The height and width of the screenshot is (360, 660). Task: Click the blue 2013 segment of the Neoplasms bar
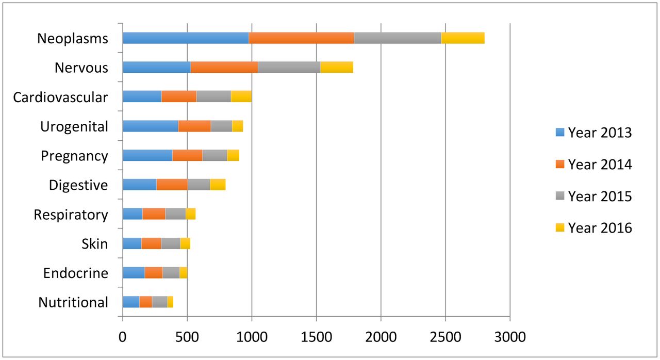(x=186, y=38)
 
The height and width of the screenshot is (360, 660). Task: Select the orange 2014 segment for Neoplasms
(x=301, y=38)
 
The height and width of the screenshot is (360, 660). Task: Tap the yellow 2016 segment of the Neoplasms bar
(x=463, y=38)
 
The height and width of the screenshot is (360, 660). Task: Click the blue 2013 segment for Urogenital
(x=150, y=126)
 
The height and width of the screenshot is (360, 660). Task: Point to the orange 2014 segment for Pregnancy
(x=187, y=155)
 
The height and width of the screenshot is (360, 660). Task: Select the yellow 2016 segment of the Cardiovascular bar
(x=241, y=96)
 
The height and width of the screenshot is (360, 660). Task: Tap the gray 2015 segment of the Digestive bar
(x=199, y=185)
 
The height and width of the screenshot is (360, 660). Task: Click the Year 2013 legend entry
(x=593, y=133)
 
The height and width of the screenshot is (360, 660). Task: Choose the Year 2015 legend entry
(x=593, y=196)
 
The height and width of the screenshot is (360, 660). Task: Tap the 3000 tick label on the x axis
(x=509, y=338)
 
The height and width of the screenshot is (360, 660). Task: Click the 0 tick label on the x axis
(x=123, y=338)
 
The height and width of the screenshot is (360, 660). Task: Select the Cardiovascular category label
(x=61, y=97)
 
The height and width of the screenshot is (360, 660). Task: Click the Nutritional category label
(x=73, y=302)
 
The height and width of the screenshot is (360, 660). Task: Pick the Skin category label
(x=95, y=243)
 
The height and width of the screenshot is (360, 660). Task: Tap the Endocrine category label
(x=76, y=273)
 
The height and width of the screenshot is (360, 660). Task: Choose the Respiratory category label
(x=71, y=215)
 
